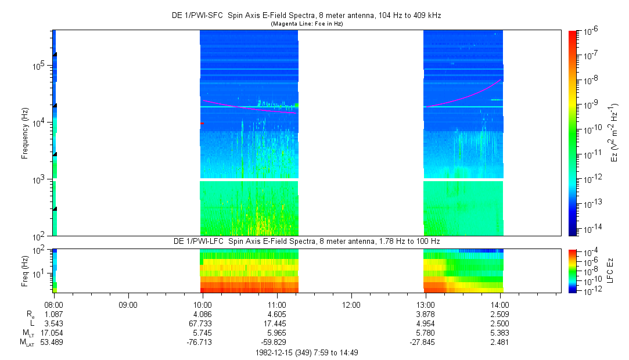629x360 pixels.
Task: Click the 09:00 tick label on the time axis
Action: coord(128,304)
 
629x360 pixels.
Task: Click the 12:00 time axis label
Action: coord(351,304)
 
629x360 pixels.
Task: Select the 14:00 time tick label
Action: coord(500,304)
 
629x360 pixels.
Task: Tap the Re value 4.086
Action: coord(202,314)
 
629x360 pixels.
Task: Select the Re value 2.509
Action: coord(500,314)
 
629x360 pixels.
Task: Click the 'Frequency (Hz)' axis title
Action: coord(25,133)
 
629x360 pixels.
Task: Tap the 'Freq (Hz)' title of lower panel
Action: coord(25,271)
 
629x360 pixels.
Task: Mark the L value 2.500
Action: coord(500,323)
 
